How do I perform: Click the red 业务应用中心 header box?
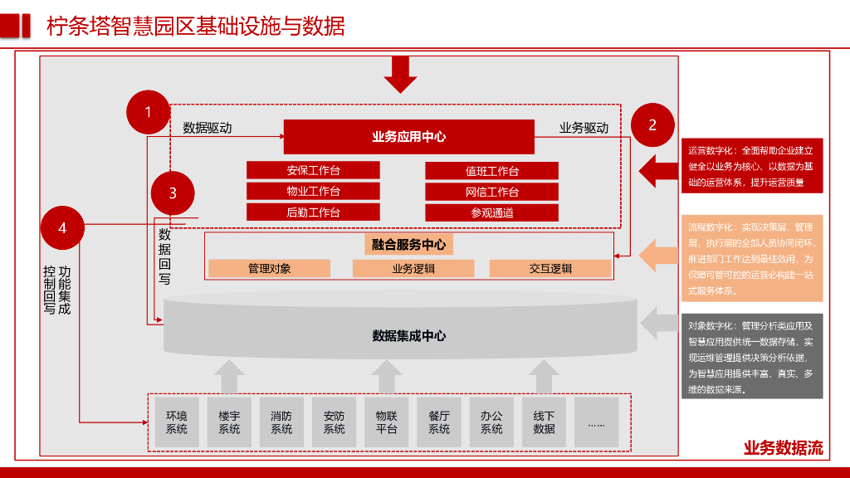(x=408, y=137)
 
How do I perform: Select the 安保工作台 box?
(x=313, y=170)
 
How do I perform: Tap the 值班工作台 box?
(x=491, y=171)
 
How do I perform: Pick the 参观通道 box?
(x=491, y=212)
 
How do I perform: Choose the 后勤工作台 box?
(x=313, y=212)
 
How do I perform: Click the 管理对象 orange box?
(x=269, y=269)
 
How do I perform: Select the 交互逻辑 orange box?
(x=550, y=269)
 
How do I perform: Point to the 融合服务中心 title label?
(x=408, y=245)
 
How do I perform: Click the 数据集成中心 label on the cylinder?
(x=408, y=335)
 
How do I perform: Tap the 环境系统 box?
(x=177, y=422)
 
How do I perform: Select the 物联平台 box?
(x=386, y=422)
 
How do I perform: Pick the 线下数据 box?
(x=544, y=422)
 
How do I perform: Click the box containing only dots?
(x=596, y=422)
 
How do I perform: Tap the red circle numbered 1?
(x=148, y=112)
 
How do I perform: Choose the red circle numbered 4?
(x=62, y=227)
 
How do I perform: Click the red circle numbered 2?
(x=652, y=125)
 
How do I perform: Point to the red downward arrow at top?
(x=400, y=74)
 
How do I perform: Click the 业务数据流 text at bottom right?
(x=783, y=449)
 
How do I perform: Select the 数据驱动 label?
(x=207, y=129)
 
